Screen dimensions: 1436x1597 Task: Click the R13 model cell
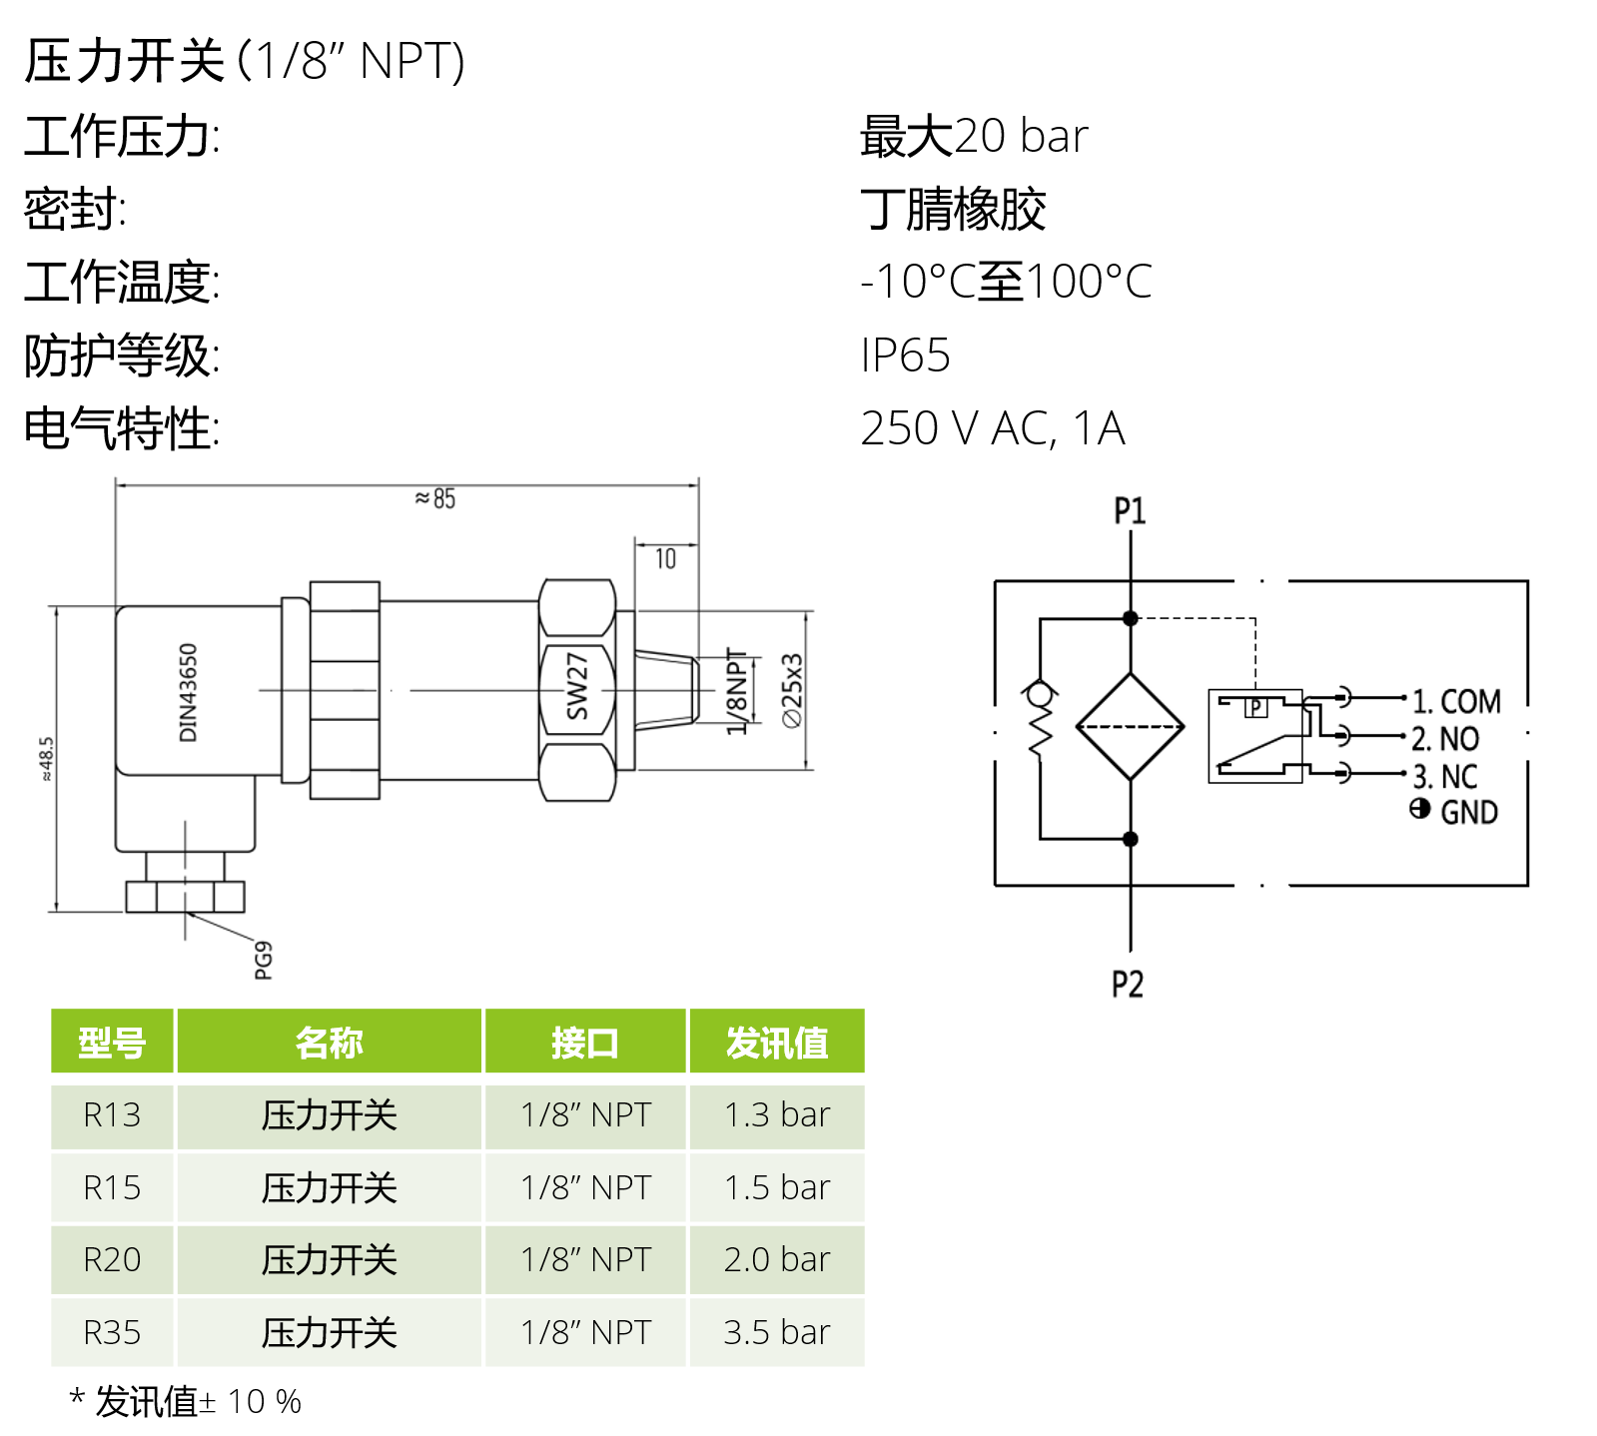(x=112, y=1114)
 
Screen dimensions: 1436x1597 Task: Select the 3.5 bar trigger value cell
(x=776, y=1332)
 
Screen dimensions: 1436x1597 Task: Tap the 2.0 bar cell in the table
(x=776, y=1259)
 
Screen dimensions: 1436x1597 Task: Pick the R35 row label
(x=112, y=1332)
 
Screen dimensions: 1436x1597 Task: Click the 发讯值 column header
(x=776, y=1043)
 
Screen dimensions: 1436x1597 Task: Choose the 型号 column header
(x=112, y=1043)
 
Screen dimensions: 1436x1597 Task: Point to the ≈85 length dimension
(x=435, y=498)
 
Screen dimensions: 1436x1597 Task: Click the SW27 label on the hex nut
(x=577, y=686)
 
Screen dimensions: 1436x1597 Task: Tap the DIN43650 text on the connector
(x=188, y=692)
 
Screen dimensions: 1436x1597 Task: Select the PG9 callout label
(x=263, y=960)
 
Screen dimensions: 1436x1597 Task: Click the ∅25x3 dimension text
(x=792, y=690)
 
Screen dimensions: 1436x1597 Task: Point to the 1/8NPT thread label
(x=736, y=690)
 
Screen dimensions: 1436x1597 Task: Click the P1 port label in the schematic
(x=1130, y=511)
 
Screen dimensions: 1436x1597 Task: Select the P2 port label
(x=1128, y=985)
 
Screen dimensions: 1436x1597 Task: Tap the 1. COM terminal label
(x=1456, y=701)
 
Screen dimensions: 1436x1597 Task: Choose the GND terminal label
(x=1468, y=812)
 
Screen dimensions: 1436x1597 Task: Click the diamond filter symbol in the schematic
(x=1130, y=726)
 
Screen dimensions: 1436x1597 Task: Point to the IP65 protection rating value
(x=905, y=356)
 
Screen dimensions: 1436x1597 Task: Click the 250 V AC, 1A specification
(x=992, y=428)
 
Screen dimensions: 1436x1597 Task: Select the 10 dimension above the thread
(x=665, y=559)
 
